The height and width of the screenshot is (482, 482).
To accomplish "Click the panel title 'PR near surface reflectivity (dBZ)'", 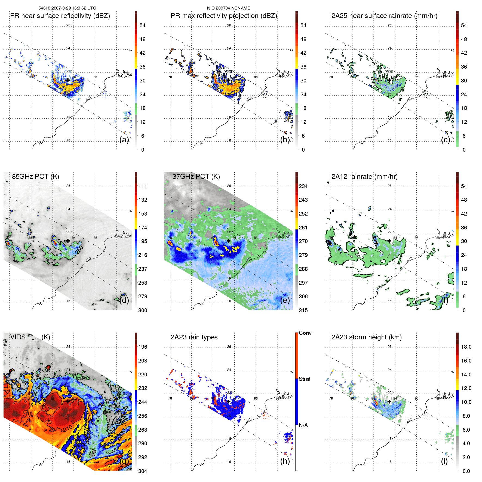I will click(60, 16).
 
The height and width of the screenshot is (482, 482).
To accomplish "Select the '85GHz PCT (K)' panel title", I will click(35, 176).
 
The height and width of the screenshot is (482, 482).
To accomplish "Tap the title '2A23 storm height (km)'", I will click(366, 337).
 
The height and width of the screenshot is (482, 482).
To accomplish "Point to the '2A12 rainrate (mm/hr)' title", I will click(364, 176).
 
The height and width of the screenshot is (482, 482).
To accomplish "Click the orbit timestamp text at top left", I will click(67, 8).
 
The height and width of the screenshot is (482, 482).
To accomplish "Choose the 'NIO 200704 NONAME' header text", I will click(228, 8).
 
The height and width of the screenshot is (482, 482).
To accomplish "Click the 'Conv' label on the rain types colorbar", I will click(305, 333).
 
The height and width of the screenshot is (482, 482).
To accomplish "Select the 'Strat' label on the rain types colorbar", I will click(305, 379).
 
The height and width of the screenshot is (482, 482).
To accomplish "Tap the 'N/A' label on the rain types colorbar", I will click(303, 425).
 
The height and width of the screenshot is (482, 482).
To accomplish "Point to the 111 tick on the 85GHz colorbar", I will click(143, 186).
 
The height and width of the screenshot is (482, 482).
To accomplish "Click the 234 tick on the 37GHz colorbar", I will click(303, 186).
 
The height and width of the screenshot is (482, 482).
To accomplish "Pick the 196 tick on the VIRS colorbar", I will click(143, 347).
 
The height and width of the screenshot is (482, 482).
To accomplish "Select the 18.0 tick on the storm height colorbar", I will click(466, 347).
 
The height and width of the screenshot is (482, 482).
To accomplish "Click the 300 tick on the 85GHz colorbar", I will click(143, 310).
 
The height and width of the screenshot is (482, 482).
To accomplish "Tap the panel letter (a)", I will click(124, 140).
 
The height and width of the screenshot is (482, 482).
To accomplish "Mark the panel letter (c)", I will click(446, 140).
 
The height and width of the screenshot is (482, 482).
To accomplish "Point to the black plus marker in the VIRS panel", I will click(68, 401).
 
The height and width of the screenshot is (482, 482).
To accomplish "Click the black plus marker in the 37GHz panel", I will click(228, 241).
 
